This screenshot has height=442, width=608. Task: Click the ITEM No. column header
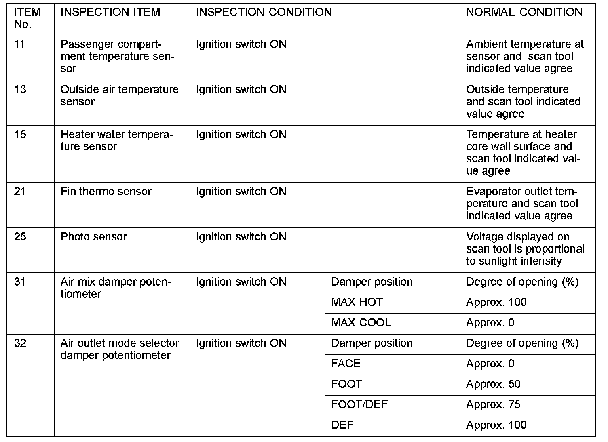point(27,18)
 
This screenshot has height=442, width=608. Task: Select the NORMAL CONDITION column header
point(524,12)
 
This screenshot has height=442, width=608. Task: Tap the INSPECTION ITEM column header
point(110,12)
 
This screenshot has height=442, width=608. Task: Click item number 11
point(19,44)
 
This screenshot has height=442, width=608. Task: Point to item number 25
point(20,237)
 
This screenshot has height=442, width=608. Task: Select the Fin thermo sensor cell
point(106,192)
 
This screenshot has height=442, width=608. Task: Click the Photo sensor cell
point(94,237)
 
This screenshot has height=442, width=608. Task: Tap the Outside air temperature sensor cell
point(119,95)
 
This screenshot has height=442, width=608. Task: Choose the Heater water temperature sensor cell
point(116,140)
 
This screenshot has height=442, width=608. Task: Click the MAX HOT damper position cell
point(357,302)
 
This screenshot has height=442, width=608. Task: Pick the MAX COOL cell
point(361,323)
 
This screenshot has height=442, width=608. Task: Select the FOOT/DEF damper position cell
point(359,404)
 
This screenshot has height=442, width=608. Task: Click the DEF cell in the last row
point(342,425)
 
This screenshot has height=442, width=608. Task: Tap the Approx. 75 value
point(493,404)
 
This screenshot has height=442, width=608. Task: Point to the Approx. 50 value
point(493,384)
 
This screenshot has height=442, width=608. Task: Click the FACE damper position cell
point(346,364)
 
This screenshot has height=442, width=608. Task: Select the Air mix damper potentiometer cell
point(116,288)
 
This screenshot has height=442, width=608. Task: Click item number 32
point(20,343)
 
